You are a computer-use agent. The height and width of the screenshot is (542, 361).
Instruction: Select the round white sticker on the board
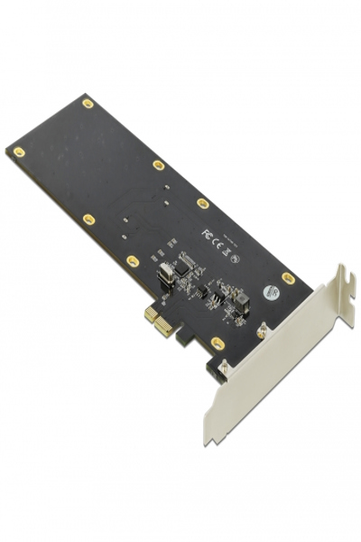(269, 293)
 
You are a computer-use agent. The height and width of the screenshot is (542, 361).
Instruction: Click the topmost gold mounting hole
(88, 103)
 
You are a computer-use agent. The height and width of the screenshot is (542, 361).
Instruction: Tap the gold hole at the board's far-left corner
(18, 151)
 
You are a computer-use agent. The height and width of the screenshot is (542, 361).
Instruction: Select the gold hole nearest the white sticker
(288, 277)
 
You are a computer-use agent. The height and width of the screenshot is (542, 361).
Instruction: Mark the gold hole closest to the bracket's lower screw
(218, 342)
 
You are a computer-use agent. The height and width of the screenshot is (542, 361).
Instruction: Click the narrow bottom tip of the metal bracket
(208, 440)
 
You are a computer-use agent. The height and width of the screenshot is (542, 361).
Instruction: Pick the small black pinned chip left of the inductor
(215, 294)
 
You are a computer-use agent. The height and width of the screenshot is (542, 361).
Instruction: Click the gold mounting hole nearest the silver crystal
(133, 260)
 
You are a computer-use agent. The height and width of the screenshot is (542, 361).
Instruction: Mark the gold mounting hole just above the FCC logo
(203, 203)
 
